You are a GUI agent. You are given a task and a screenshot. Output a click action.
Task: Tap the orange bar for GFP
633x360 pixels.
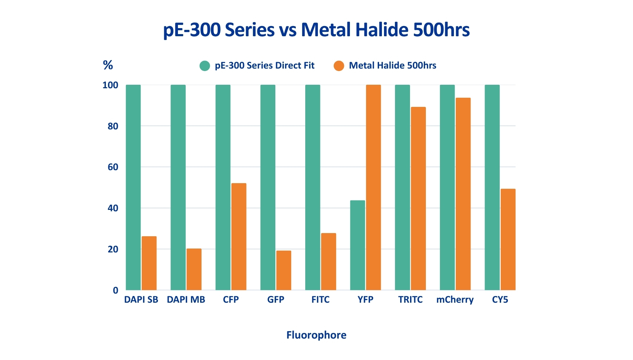[284, 270]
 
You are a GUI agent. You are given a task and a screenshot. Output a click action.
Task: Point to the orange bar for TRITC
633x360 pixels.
[418, 198]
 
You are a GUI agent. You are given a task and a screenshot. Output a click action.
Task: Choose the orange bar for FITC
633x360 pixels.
[328, 262]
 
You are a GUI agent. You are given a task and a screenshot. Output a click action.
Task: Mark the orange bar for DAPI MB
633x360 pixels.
[194, 269]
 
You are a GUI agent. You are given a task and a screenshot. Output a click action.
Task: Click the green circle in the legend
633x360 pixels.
[205, 66]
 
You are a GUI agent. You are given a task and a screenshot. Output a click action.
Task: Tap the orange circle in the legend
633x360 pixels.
[339, 66]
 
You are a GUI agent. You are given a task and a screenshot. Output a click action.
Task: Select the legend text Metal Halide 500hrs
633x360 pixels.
[392, 66]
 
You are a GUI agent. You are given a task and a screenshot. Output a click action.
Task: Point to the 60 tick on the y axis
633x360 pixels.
[113, 167]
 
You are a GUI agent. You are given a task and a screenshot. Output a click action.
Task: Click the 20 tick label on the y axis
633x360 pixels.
[113, 249]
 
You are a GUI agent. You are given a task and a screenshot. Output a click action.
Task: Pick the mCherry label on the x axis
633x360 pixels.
[455, 300]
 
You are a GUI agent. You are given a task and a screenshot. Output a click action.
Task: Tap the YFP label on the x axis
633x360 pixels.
[365, 300]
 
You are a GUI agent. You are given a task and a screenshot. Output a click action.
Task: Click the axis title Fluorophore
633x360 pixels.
[316, 335]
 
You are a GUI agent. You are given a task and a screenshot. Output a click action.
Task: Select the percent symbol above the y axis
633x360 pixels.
[108, 65]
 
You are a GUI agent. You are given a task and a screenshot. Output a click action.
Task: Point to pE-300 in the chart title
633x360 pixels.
[192, 30]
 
